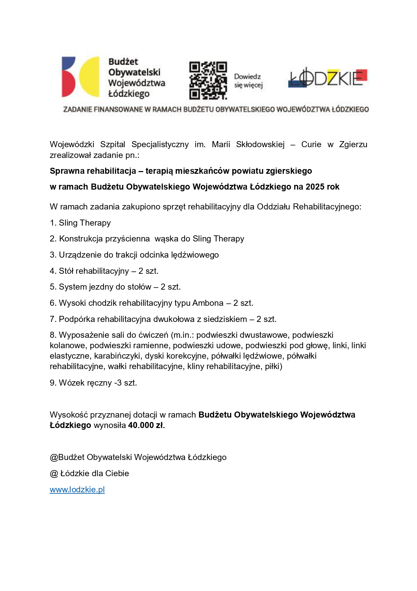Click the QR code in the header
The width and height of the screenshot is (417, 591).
point(208,80)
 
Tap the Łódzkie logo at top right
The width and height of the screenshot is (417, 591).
point(328,78)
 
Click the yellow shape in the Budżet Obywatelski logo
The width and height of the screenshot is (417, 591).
point(90,77)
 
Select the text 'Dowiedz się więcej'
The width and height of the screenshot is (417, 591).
point(248,81)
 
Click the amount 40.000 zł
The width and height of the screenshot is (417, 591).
point(146,425)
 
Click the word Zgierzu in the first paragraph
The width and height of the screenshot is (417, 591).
point(353,144)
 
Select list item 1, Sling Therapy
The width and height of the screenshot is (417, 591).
point(80,223)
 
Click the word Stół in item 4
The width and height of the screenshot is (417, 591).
point(66,271)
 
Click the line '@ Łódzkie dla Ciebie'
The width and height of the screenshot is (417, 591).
point(89,473)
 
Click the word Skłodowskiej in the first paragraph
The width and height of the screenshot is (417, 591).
point(260,144)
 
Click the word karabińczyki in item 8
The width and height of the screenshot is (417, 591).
point(117,356)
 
